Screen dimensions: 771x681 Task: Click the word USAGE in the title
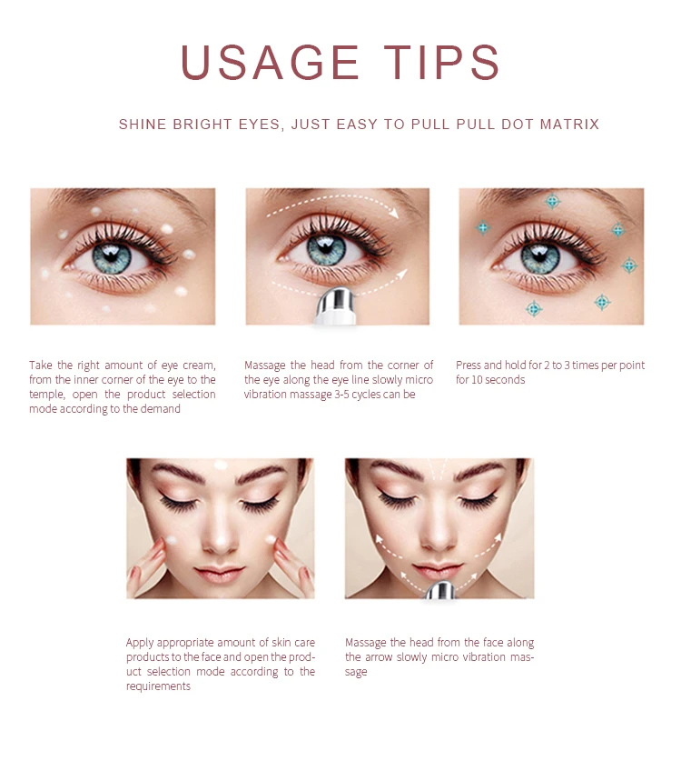pyautogui.click(x=270, y=62)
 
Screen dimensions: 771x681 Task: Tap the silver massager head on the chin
pyautogui.click(x=441, y=592)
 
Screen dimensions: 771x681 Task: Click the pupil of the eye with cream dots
pyautogui.click(x=113, y=257)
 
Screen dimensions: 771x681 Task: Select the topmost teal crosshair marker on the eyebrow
pyautogui.click(x=552, y=201)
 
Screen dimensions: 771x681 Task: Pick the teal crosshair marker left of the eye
pyautogui.click(x=483, y=227)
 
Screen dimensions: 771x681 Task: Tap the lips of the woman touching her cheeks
pyautogui.click(x=220, y=573)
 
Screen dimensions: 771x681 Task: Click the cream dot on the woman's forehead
pyautogui.click(x=220, y=465)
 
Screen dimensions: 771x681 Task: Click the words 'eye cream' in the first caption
pyautogui.click(x=188, y=365)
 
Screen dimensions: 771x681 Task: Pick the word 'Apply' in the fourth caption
pyautogui.click(x=140, y=643)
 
